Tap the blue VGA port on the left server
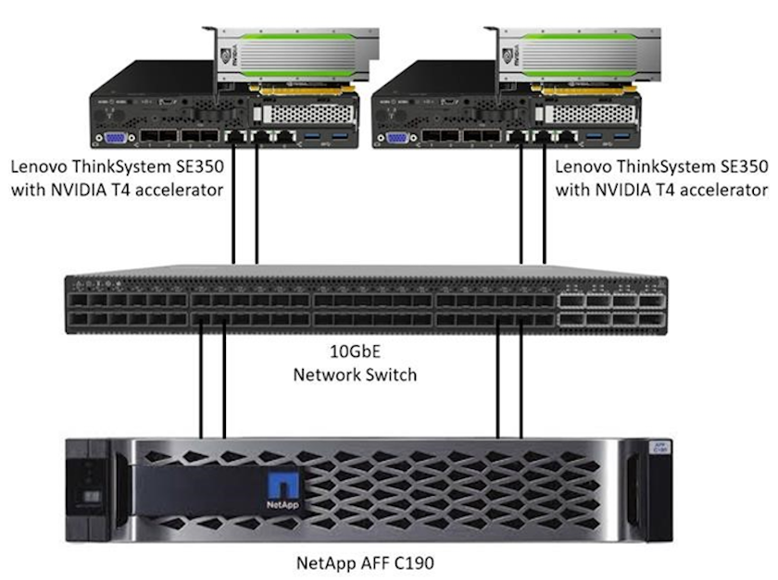click(115, 139)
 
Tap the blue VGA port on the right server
click(398, 139)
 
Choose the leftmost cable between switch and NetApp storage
click(202, 379)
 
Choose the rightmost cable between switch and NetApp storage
click(522, 379)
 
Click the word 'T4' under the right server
click(668, 190)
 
